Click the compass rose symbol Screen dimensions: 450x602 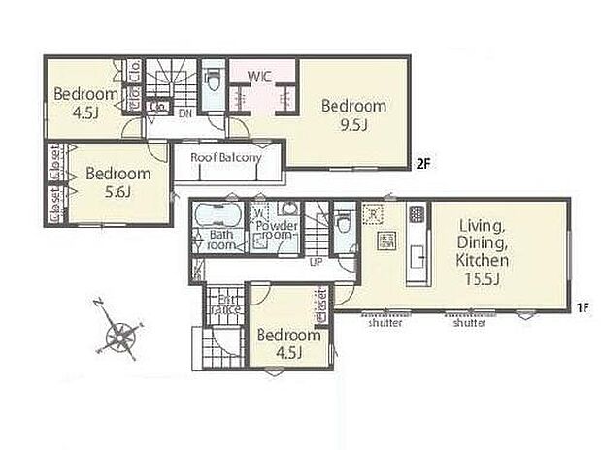(x=121, y=337)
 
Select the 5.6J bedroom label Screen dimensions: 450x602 (x=117, y=181)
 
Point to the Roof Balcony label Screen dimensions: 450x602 (x=226, y=158)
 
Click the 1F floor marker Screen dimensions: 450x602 (x=581, y=307)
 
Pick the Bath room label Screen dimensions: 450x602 (x=222, y=241)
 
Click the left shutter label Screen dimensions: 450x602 (x=385, y=323)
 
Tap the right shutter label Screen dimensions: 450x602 (x=469, y=323)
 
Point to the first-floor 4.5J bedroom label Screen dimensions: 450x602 (x=288, y=343)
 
